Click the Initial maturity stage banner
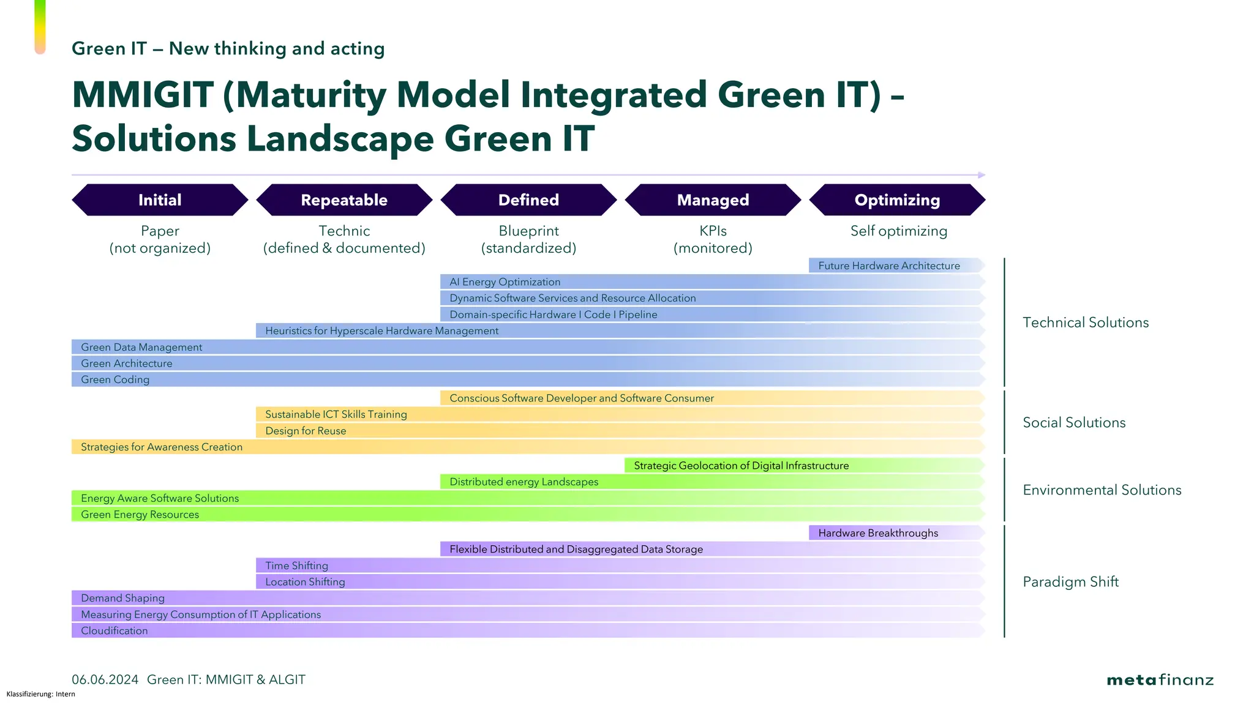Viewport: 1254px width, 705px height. point(160,200)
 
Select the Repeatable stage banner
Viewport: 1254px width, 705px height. point(344,200)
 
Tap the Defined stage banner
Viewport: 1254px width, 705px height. point(528,200)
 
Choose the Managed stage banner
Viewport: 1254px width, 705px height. point(713,200)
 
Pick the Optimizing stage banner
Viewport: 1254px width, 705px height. point(897,200)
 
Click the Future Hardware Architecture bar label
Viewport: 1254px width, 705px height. point(888,266)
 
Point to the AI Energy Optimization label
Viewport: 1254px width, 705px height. point(505,282)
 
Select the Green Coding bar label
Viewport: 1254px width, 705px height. point(115,379)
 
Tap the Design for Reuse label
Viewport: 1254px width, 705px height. point(306,431)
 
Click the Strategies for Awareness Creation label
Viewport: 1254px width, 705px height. point(162,447)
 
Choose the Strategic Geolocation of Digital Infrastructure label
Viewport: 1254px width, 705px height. point(741,466)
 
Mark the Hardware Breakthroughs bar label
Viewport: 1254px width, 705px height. point(877,533)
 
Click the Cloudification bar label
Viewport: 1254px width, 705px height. point(115,631)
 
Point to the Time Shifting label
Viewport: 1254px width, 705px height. point(296,565)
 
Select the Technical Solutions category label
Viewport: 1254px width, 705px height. point(1086,323)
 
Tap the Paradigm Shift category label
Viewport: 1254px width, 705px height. point(1070,582)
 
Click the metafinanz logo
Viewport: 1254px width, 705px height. point(1160,680)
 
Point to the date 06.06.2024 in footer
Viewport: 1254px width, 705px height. point(105,680)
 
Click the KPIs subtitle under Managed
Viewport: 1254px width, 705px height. point(713,231)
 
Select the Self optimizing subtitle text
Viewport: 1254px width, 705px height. point(898,231)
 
